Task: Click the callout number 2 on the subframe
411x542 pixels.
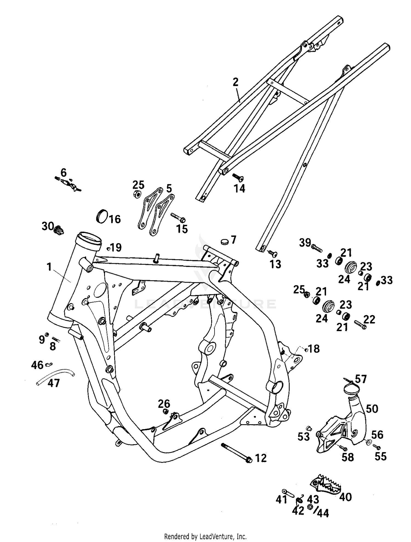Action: [236, 82]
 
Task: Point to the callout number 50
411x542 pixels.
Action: [372, 409]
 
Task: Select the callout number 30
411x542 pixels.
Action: [47, 226]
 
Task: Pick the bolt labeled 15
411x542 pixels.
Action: [178, 218]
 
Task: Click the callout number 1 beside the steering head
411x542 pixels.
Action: [49, 266]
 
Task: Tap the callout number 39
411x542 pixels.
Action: [305, 242]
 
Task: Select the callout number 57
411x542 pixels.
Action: [361, 379]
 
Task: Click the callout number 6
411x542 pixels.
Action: [63, 173]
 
